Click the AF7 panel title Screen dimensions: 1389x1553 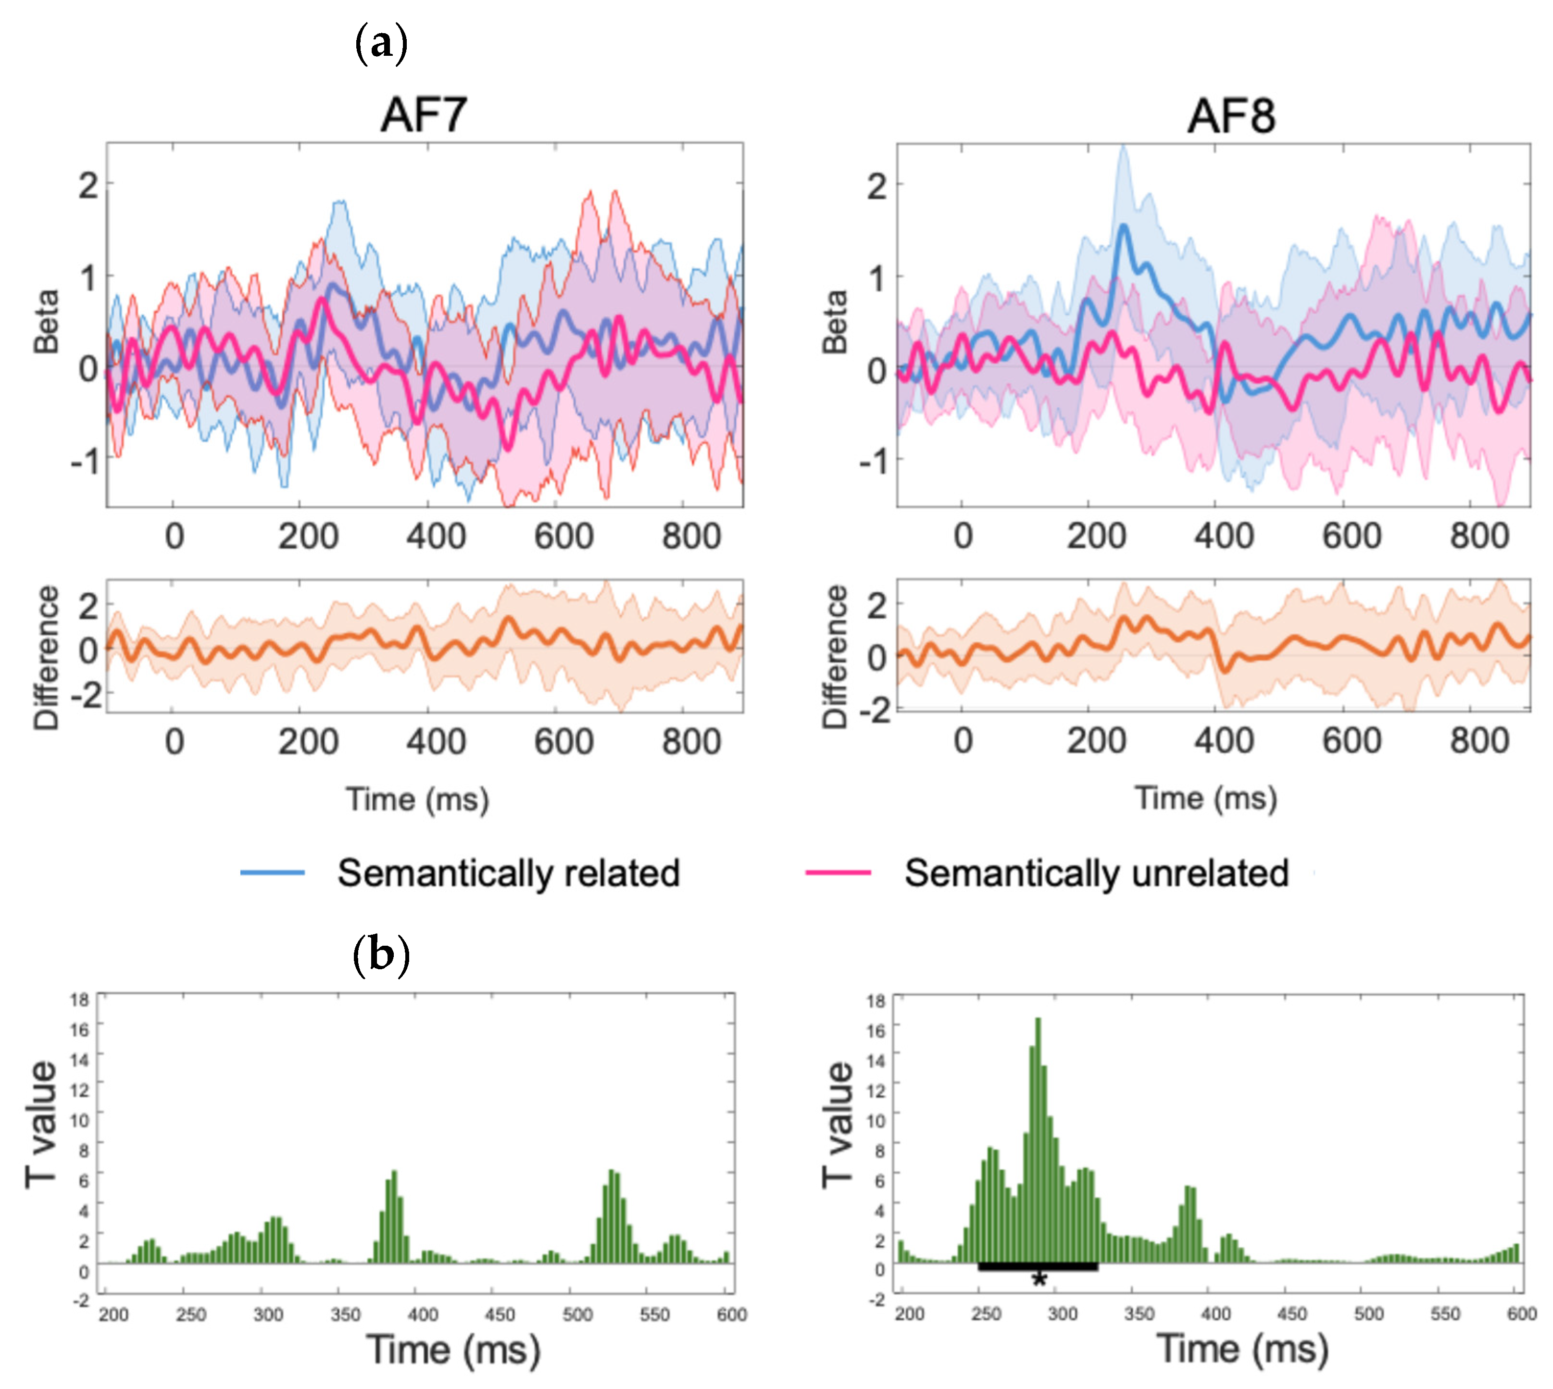pyautogui.click(x=424, y=116)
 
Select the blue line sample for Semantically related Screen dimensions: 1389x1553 pyautogui.click(x=273, y=872)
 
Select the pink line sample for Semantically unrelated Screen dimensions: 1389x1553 pyautogui.click(x=838, y=872)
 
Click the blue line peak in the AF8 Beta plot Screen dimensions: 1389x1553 pyautogui.click(x=1123, y=226)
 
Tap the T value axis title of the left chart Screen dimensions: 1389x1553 pyautogui.click(x=42, y=1124)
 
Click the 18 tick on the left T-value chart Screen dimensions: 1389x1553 pyautogui.click(x=79, y=1000)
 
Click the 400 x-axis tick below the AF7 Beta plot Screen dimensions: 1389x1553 pyautogui.click(x=436, y=537)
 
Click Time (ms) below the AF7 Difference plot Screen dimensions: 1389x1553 pyautogui.click(x=417, y=799)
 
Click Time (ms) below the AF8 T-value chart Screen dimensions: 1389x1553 pyautogui.click(x=1242, y=1349)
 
